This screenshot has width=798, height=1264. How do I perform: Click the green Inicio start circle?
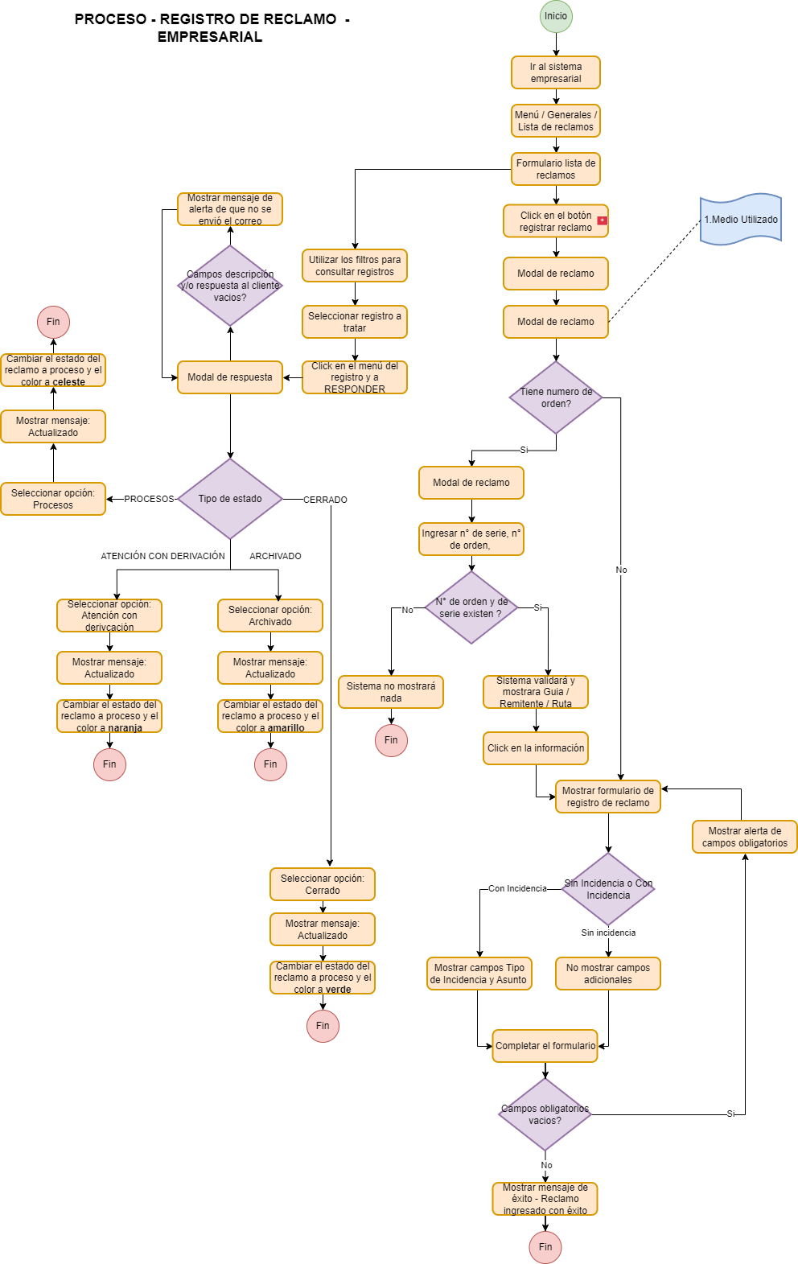pyautogui.click(x=555, y=16)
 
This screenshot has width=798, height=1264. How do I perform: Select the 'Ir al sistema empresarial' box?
pyautogui.click(x=555, y=72)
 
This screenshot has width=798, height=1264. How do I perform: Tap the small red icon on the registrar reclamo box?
pyautogui.click(x=602, y=220)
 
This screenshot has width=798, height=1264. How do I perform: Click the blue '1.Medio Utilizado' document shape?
pyautogui.click(x=740, y=219)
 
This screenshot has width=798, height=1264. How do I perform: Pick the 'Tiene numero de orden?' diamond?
pyautogui.click(x=555, y=397)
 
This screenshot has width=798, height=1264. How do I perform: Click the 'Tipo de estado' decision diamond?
pyautogui.click(x=230, y=499)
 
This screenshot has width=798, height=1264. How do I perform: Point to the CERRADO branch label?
pyautogui.click(x=325, y=500)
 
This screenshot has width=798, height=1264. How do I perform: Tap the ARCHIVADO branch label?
pyautogui.click(x=275, y=556)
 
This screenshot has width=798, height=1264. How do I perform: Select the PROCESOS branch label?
pyautogui.click(x=149, y=499)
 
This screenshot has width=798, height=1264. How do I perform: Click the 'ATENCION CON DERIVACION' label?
pyautogui.click(x=162, y=556)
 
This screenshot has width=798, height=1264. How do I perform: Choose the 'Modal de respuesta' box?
pyautogui.click(x=230, y=377)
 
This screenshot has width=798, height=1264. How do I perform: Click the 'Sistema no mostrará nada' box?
pyautogui.click(x=391, y=692)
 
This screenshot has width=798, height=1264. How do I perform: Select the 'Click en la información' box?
pyautogui.click(x=536, y=748)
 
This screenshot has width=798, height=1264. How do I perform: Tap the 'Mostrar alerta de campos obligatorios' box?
pyautogui.click(x=744, y=837)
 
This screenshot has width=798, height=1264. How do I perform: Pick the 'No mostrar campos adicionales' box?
pyautogui.click(x=607, y=974)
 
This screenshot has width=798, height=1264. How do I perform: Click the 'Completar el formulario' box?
pyautogui.click(x=545, y=1046)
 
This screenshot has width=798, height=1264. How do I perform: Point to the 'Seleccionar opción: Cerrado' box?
pyautogui.click(x=323, y=884)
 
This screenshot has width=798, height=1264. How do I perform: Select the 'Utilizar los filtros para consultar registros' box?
pyautogui.click(x=355, y=266)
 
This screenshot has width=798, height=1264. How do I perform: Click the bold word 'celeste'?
pyautogui.click(x=69, y=382)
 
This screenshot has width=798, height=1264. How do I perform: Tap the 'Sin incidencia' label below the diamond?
pyautogui.click(x=608, y=933)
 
